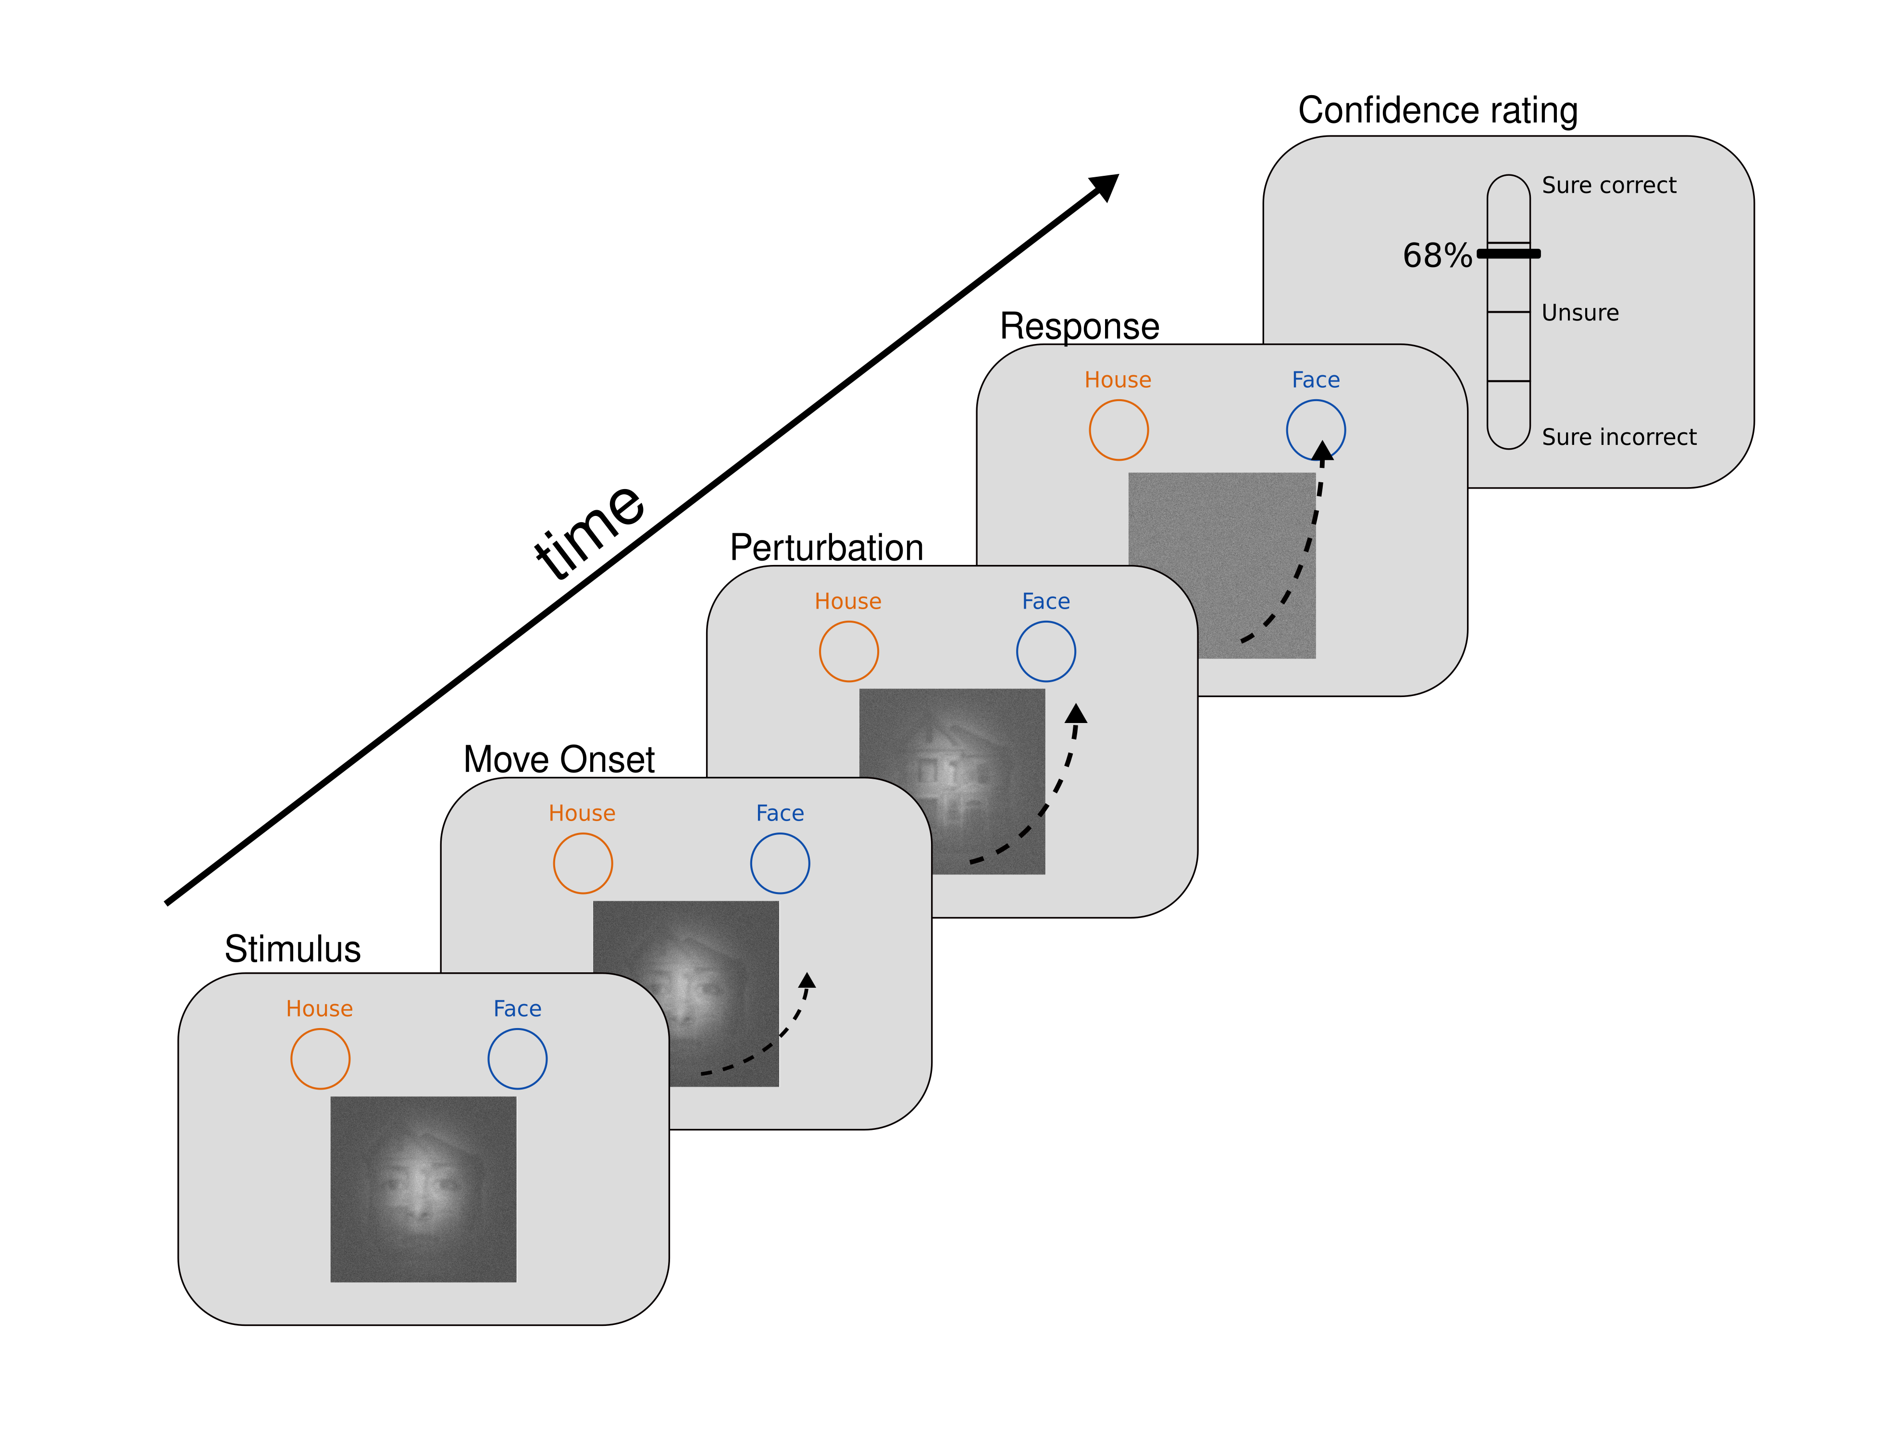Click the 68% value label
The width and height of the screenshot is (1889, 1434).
1436,255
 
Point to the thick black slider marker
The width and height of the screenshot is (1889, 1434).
1508,254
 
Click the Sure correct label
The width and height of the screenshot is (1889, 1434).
1608,185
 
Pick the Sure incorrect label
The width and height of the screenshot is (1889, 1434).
1618,437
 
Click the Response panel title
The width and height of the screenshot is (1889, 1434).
1080,326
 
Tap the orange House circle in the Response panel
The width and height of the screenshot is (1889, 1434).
1118,430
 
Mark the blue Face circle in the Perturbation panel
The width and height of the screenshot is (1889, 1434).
1045,651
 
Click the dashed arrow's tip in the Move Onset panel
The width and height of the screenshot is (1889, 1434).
807,980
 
